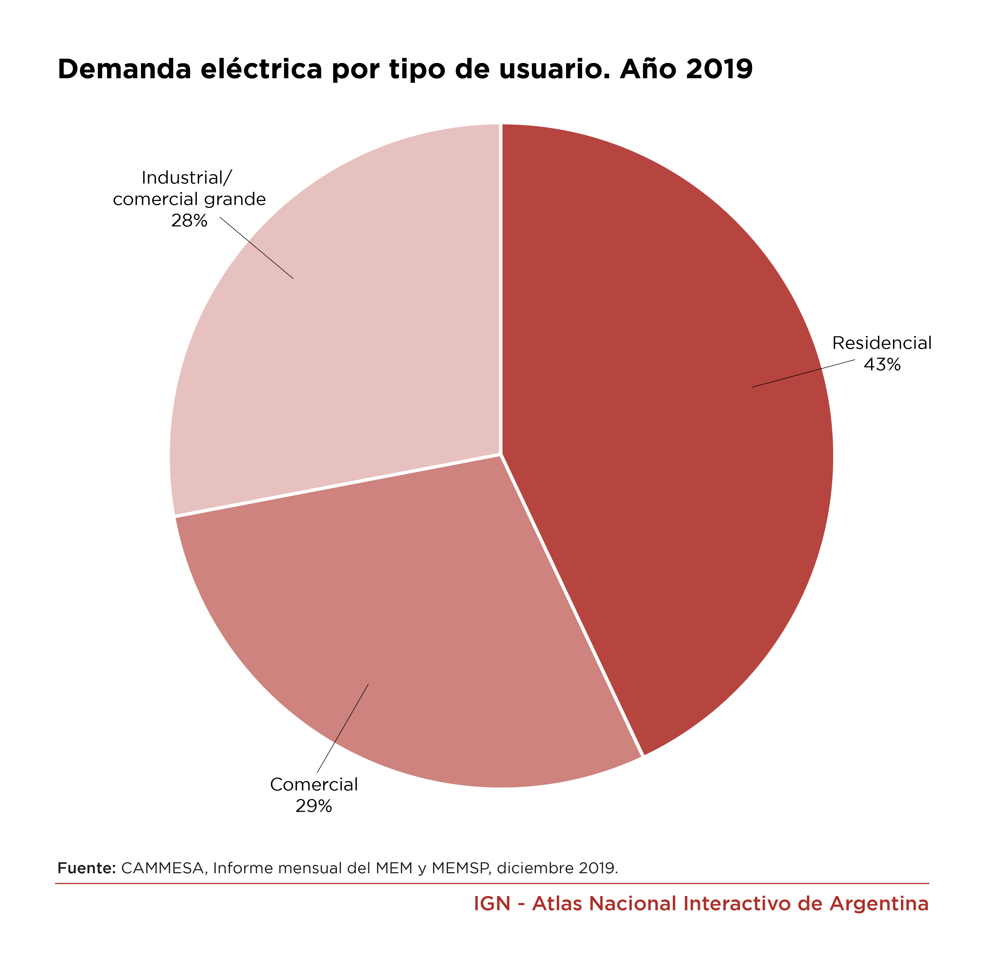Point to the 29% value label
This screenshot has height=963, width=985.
314,806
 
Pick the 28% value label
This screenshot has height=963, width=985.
189,221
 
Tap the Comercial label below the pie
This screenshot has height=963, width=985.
314,785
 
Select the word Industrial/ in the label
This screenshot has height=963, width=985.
187,178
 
